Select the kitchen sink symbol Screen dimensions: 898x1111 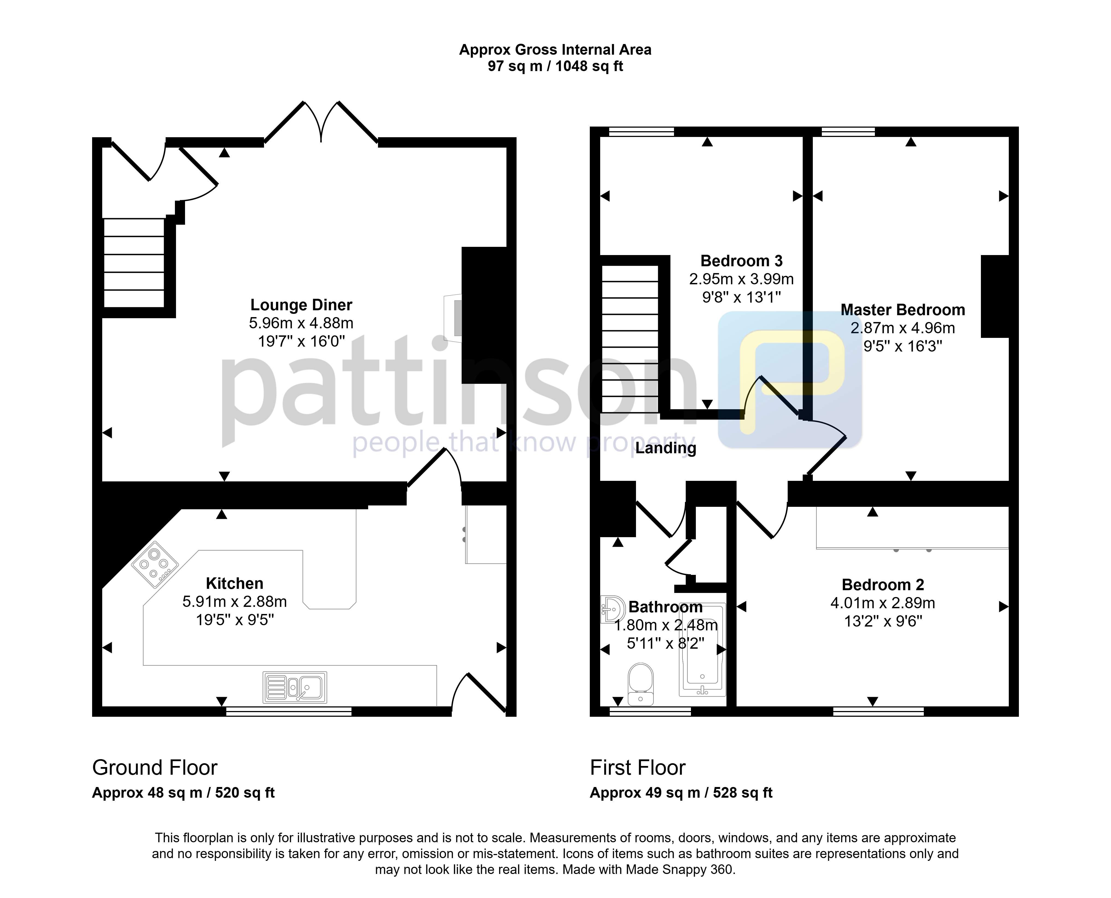click(295, 687)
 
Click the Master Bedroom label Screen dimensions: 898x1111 click(902, 310)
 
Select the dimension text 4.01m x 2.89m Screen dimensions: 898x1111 click(883, 603)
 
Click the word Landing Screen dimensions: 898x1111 click(666, 448)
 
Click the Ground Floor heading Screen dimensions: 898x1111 click(155, 768)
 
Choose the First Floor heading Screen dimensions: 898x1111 click(637, 768)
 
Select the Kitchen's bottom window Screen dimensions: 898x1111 click(289, 712)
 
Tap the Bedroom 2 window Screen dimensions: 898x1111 click(878, 712)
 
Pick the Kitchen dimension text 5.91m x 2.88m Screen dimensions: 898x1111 click(234, 602)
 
